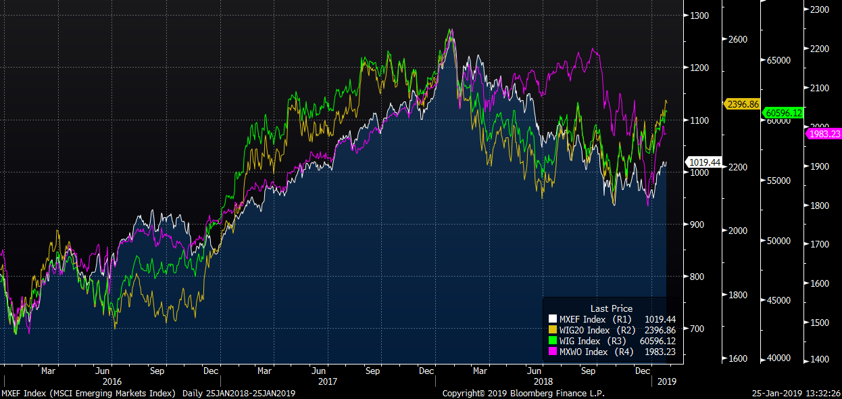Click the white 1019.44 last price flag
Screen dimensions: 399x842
tap(704, 162)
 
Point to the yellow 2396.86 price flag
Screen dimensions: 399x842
tap(742, 104)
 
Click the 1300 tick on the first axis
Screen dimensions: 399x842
tap(701, 16)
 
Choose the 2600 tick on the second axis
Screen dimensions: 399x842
tap(739, 40)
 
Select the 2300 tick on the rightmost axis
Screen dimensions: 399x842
tap(819, 9)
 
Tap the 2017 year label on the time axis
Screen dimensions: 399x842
tap(328, 381)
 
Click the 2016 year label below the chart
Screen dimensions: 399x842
tap(112, 381)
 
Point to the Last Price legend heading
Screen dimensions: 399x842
tap(612, 308)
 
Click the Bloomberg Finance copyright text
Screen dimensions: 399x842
tap(523, 393)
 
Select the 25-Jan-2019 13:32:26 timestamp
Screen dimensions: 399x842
tap(797, 393)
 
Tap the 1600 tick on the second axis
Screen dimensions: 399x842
tap(739, 358)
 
